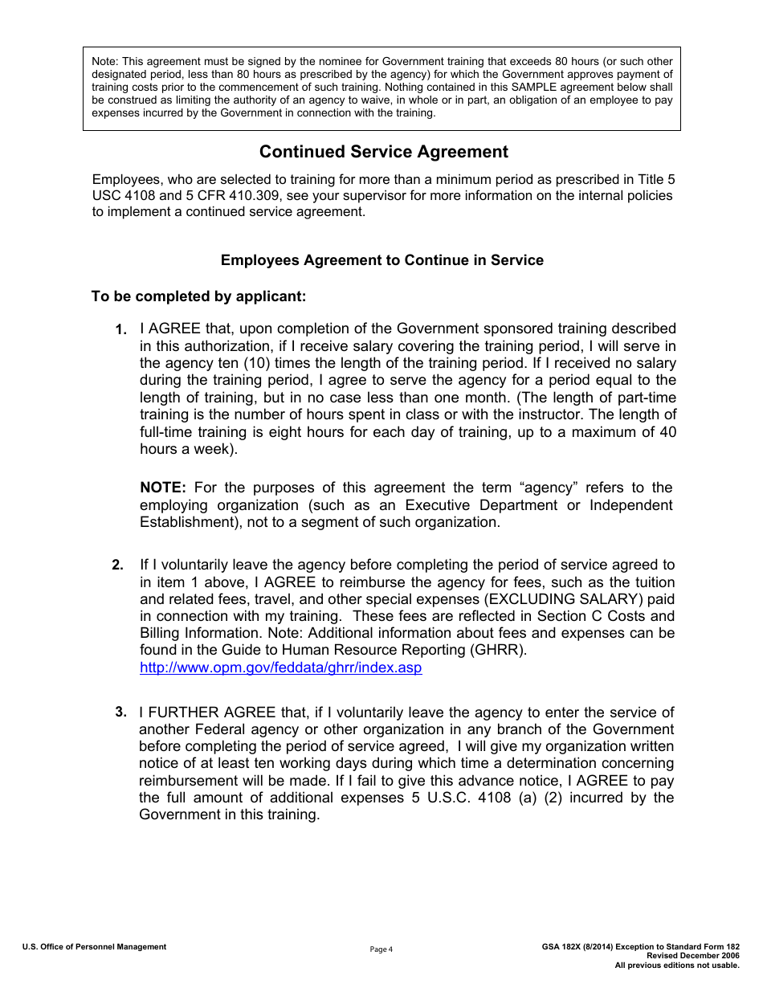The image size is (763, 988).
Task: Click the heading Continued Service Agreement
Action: tap(383, 152)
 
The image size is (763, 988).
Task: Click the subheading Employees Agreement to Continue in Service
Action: tap(381, 260)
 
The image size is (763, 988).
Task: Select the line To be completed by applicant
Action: tap(198, 296)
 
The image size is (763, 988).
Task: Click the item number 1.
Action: tap(120, 329)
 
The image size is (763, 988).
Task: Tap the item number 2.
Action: tap(117, 565)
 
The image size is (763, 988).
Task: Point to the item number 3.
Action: tap(120, 712)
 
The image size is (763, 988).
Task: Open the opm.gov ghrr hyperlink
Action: tap(280, 668)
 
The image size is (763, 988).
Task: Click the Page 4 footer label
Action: tap(381, 949)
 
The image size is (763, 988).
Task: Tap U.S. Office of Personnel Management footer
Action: tap(94, 947)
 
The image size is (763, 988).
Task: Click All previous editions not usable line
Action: tap(677, 965)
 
